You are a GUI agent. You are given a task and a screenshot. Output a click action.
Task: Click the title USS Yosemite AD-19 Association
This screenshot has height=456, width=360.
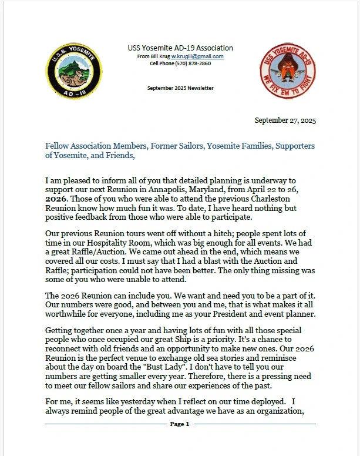pos(180,48)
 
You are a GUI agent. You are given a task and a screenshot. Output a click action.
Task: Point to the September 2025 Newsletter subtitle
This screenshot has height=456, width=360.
pos(180,88)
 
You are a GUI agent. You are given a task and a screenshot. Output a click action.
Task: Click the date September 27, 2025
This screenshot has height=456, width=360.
pos(285,120)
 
